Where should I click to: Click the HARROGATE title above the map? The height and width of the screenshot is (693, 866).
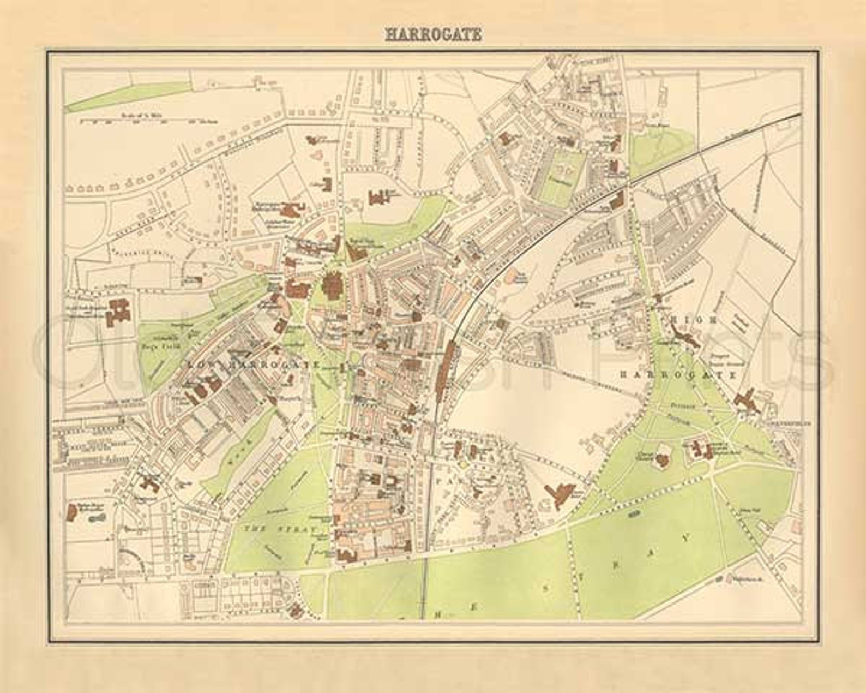433,35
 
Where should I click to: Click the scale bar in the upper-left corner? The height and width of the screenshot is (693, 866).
147,121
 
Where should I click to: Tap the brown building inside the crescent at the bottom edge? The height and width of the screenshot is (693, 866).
297,611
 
